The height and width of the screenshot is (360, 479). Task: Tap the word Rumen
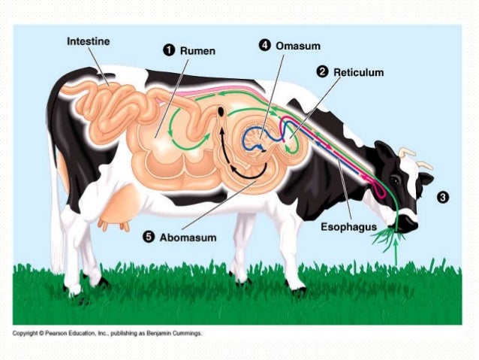(x=197, y=50)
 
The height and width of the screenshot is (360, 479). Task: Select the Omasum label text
(x=293, y=45)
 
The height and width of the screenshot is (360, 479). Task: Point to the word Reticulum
(x=358, y=72)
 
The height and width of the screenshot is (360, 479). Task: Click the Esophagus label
(x=356, y=224)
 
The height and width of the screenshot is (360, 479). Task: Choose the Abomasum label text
(x=188, y=237)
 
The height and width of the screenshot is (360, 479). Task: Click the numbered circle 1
(x=170, y=50)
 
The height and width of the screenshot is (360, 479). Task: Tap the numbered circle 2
(x=323, y=72)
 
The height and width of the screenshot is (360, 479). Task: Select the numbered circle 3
(x=444, y=197)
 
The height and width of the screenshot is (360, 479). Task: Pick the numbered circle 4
(x=265, y=45)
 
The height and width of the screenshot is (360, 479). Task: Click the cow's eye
(x=395, y=180)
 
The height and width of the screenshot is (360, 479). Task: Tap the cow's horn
(x=406, y=153)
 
